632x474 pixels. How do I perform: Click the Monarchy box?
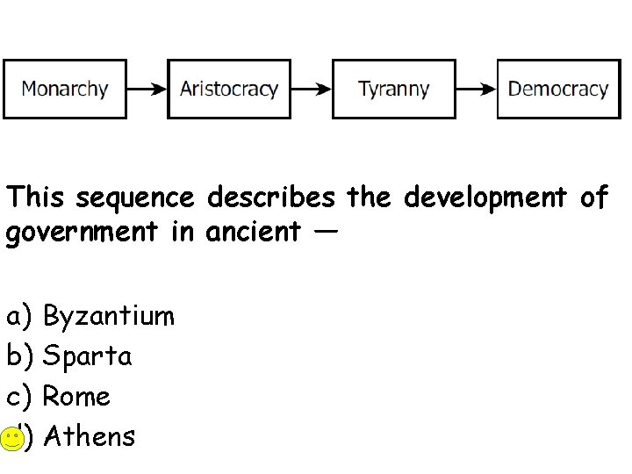(x=65, y=89)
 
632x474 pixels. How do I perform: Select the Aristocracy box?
(x=229, y=89)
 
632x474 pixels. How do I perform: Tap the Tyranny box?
(x=393, y=89)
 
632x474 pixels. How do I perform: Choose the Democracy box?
(x=558, y=89)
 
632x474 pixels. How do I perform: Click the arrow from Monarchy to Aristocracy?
(x=147, y=89)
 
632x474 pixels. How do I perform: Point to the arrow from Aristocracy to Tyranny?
(x=311, y=89)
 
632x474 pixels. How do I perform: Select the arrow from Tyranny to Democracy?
(x=476, y=89)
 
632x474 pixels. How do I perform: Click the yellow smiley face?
(x=11, y=438)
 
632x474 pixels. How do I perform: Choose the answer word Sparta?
(x=88, y=356)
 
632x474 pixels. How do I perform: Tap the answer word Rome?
(x=76, y=397)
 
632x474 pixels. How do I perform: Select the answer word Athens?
(x=89, y=436)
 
